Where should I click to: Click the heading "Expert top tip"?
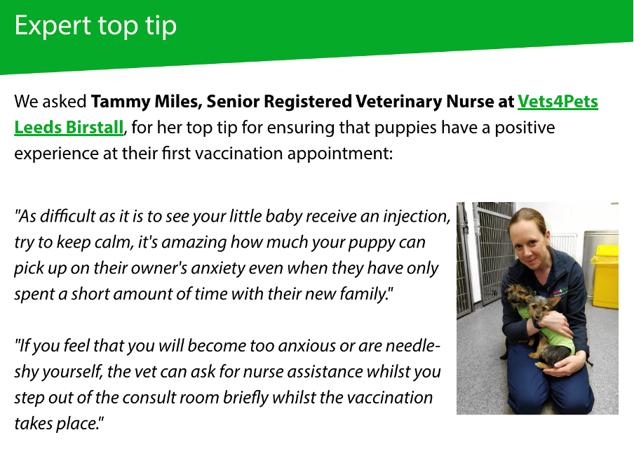95,26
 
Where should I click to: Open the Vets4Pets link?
558,102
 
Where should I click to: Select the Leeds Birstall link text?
69,128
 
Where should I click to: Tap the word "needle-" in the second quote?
412,346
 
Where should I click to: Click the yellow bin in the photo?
605,276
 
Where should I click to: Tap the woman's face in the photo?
530,239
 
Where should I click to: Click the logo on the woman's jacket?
560,291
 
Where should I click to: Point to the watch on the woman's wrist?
537,323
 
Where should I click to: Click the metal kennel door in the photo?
492,251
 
